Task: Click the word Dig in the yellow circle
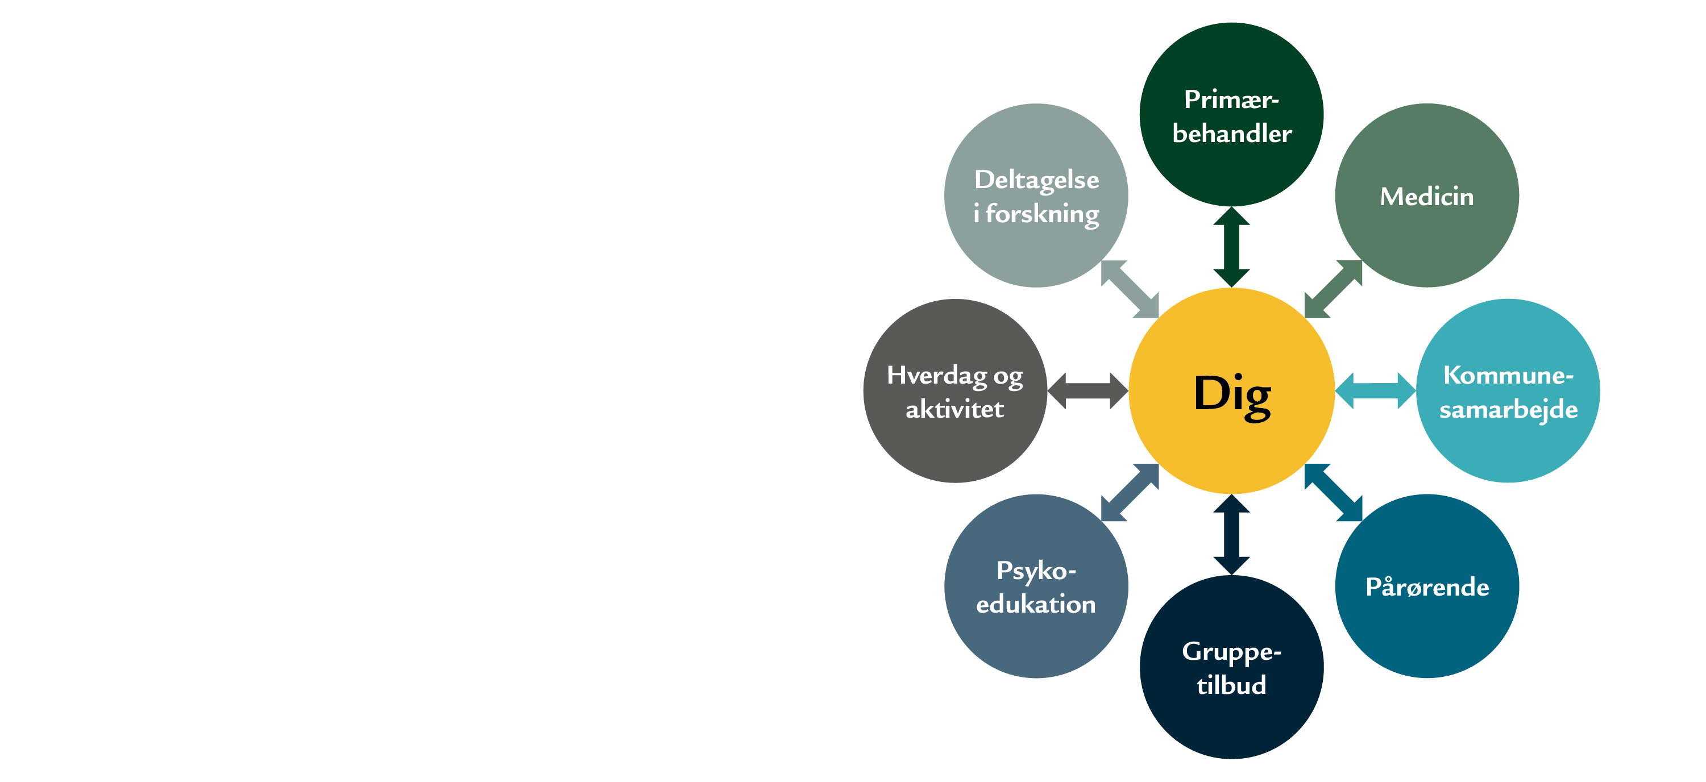pos(1232,394)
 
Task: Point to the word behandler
pos(1232,134)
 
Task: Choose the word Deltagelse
pos(1036,180)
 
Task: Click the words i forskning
pos(1036,214)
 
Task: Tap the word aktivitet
pos(954,409)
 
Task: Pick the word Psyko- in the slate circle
pos(1036,571)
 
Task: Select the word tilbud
pos(1231,685)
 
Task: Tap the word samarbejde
pos(1508,409)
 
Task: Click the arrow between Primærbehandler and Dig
pos(1231,247)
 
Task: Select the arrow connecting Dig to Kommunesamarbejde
pos(1375,390)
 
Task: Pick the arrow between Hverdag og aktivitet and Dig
pos(1087,390)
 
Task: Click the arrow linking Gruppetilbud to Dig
pos(1231,534)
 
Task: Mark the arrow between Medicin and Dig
pos(1333,289)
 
